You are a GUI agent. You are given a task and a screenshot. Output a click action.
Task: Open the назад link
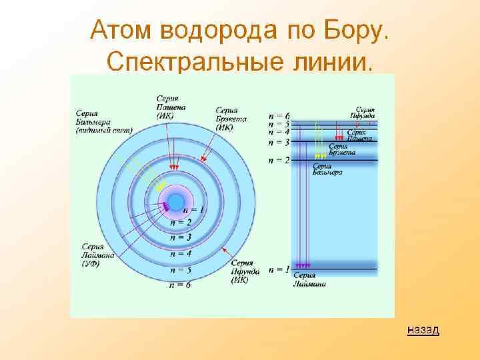tap(423, 330)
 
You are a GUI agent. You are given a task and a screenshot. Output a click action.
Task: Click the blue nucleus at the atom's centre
tap(176, 201)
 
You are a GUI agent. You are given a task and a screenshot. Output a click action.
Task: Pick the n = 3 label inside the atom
tap(180, 237)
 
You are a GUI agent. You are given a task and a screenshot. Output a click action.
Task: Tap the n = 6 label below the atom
tap(180, 286)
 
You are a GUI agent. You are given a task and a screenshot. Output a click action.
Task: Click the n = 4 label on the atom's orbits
tap(180, 254)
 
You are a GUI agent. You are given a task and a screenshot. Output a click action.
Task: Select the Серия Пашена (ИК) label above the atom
tap(171, 107)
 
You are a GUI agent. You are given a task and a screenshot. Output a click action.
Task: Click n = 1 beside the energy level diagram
tap(279, 270)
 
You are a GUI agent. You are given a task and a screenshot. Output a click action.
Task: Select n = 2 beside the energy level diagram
tap(279, 161)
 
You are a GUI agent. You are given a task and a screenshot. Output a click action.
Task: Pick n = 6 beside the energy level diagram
tap(279, 117)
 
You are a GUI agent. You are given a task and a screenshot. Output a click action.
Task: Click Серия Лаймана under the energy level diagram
tap(309, 280)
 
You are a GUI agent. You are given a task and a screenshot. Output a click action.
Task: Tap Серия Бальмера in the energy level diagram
tap(328, 169)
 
